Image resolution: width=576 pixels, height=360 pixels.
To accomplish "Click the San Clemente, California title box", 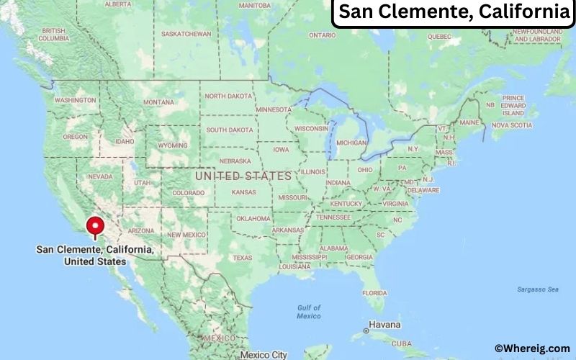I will [x=453, y=12].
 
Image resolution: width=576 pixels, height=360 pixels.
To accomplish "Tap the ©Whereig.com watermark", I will [x=531, y=348].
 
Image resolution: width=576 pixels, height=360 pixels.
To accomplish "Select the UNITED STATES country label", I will [x=243, y=176].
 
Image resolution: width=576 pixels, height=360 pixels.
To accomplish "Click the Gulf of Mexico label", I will [x=308, y=312].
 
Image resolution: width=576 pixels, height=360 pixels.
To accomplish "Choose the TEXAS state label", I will [x=243, y=258].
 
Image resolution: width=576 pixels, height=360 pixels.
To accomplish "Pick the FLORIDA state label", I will [x=374, y=293].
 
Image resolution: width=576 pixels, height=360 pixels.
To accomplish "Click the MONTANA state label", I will [x=158, y=102].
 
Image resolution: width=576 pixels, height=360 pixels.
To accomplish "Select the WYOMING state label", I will [x=172, y=145].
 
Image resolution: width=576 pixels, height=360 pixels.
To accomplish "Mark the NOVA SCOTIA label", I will [x=511, y=125].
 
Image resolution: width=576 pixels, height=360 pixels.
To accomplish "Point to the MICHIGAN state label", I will [x=351, y=143].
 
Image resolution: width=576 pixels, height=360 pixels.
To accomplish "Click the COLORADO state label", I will [x=188, y=193].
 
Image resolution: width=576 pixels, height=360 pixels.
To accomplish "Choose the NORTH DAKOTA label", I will [x=228, y=96].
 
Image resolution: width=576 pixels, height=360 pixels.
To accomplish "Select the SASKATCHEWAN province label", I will [x=186, y=34].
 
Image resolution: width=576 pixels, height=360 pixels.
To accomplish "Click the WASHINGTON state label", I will [x=75, y=100].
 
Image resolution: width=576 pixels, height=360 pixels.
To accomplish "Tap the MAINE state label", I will [x=469, y=123].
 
